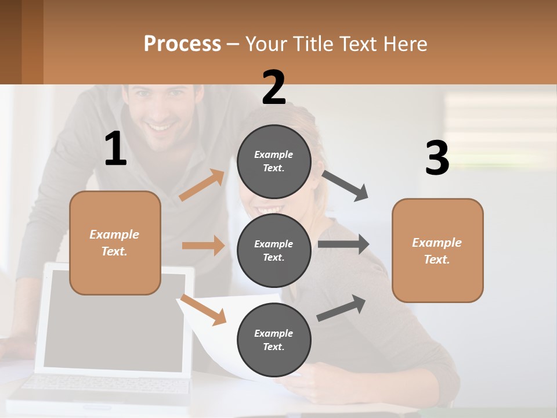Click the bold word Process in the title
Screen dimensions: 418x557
click(x=182, y=44)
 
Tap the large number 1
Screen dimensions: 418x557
click(x=115, y=149)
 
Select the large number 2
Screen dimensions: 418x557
click(x=274, y=87)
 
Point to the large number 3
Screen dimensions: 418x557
click(x=437, y=158)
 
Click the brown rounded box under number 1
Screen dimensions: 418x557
click(x=115, y=243)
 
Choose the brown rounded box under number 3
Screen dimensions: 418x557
click(x=437, y=250)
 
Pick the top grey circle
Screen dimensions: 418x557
click(x=274, y=161)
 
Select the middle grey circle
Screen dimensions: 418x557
click(x=274, y=250)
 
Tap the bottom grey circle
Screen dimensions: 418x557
click(x=274, y=340)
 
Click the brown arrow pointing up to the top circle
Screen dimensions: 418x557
click(x=202, y=185)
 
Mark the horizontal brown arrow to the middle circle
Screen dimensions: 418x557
click(x=203, y=246)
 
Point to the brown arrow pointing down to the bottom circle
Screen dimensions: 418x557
click(x=203, y=309)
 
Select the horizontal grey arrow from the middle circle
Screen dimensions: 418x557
click(x=343, y=244)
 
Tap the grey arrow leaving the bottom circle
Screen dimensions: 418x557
click(x=342, y=308)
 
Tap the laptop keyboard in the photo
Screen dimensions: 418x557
click(x=104, y=385)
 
